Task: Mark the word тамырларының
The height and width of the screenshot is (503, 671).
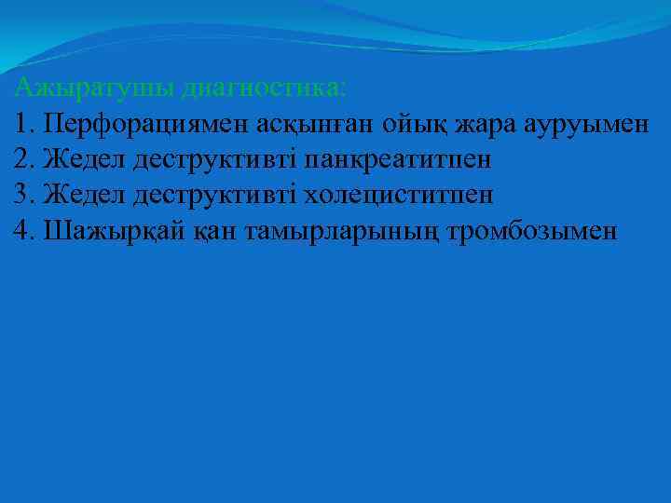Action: coord(341,232)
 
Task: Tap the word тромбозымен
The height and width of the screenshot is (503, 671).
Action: coord(533,232)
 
